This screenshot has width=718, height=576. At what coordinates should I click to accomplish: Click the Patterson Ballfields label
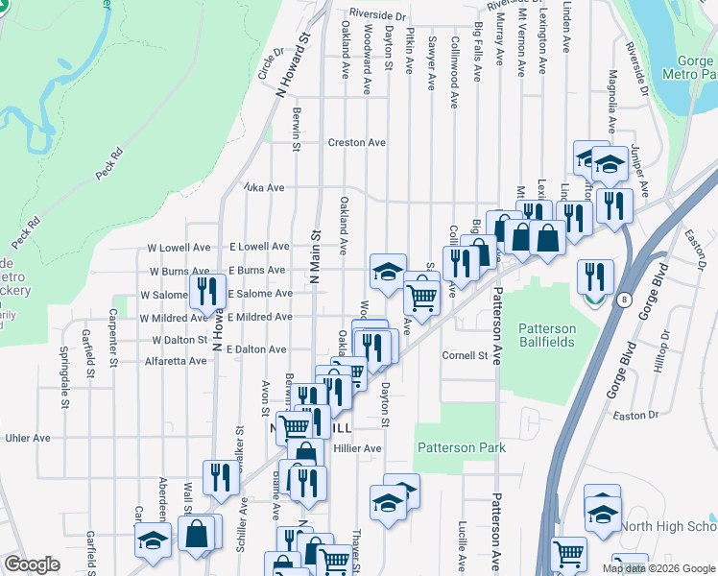tap(547, 335)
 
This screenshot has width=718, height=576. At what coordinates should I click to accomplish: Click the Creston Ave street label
tap(357, 142)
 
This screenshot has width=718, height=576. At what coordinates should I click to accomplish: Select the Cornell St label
tap(466, 355)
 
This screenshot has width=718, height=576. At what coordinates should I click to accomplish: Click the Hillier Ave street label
tap(358, 448)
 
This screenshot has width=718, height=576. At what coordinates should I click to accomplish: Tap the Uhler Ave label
tap(28, 438)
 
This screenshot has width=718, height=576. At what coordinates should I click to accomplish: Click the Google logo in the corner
tap(32, 564)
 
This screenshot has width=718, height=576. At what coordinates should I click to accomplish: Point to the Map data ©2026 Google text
tap(659, 568)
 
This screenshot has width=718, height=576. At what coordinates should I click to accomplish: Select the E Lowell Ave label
tap(258, 248)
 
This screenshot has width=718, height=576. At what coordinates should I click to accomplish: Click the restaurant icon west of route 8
tap(595, 277)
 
